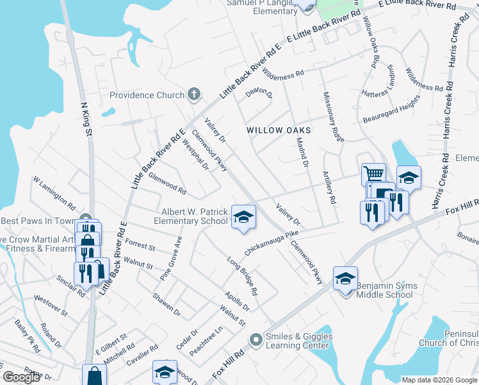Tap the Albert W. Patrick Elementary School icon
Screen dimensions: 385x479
243,217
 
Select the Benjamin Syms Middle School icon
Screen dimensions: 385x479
345,278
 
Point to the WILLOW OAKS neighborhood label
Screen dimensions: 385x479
279,130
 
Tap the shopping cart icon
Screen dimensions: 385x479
373,173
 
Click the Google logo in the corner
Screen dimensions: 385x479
22,377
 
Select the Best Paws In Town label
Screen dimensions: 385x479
38,221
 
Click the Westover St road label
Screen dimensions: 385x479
51,304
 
